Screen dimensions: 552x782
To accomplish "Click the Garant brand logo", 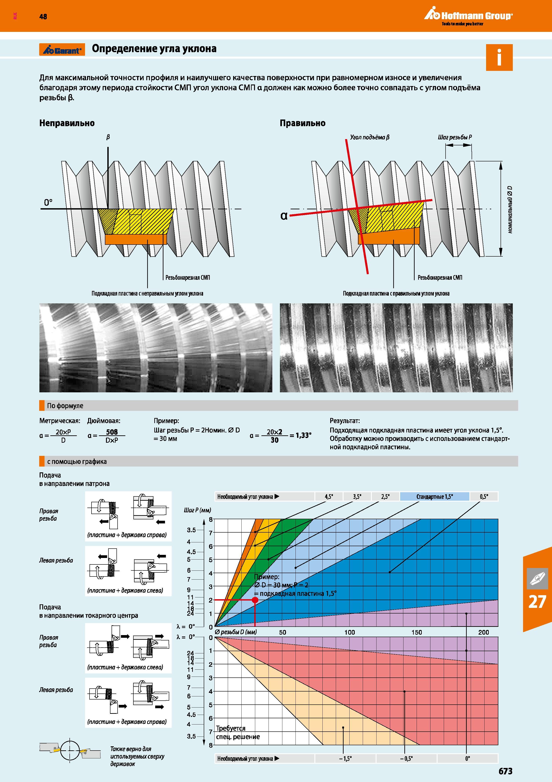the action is coord(62,50).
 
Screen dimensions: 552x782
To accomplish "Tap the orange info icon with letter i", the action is coord(499,58).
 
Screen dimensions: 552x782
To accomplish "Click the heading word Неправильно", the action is coord(67,123).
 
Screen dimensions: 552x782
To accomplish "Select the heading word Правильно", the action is coord(302,123).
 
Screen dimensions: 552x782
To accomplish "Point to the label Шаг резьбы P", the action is coord(455,137).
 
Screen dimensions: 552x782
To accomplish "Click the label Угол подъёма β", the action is coord(370,138).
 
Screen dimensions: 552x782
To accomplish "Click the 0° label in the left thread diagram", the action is coord(48,202).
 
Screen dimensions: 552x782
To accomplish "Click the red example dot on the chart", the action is coord(255,600).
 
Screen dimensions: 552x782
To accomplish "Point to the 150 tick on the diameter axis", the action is coord(417,632).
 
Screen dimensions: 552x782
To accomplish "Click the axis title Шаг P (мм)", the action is coord(197,510).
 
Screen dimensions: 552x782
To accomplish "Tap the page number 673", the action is coord(505,771).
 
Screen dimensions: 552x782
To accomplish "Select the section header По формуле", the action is coord(65,406).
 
